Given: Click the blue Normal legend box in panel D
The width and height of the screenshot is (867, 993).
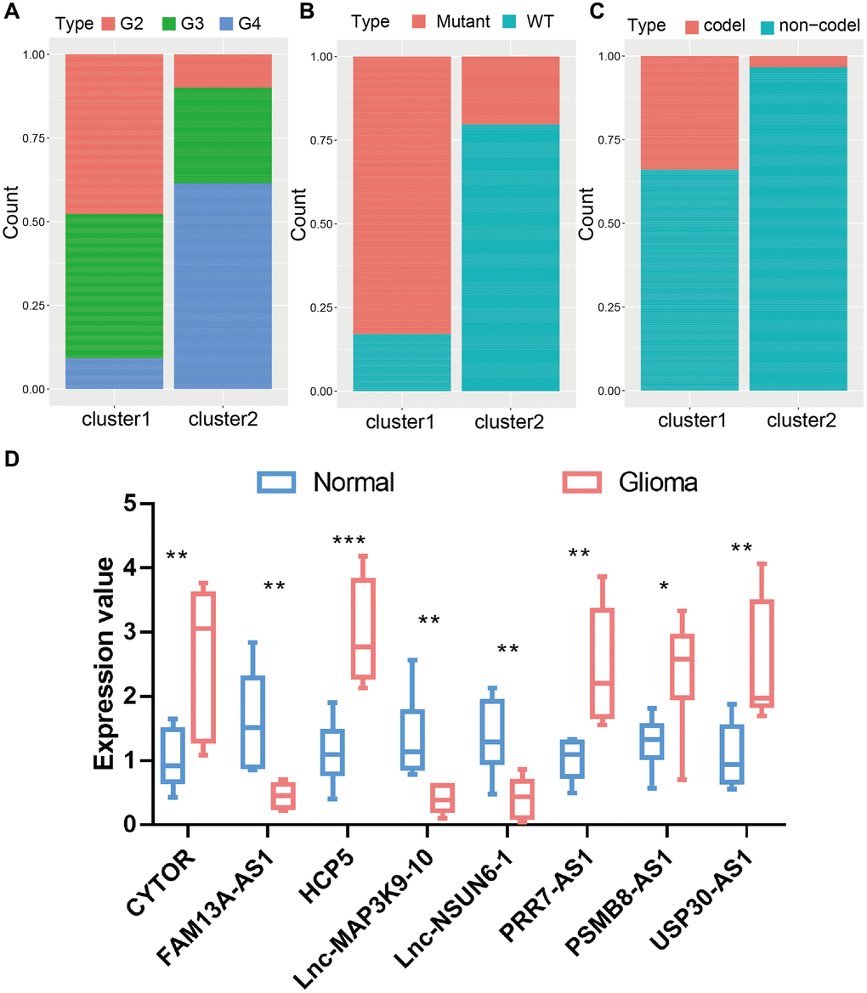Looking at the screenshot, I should (279, 482).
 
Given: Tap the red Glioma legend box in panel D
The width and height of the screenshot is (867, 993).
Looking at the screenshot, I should (582, 482).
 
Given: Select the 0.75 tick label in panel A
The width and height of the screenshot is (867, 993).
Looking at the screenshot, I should (33, 138).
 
